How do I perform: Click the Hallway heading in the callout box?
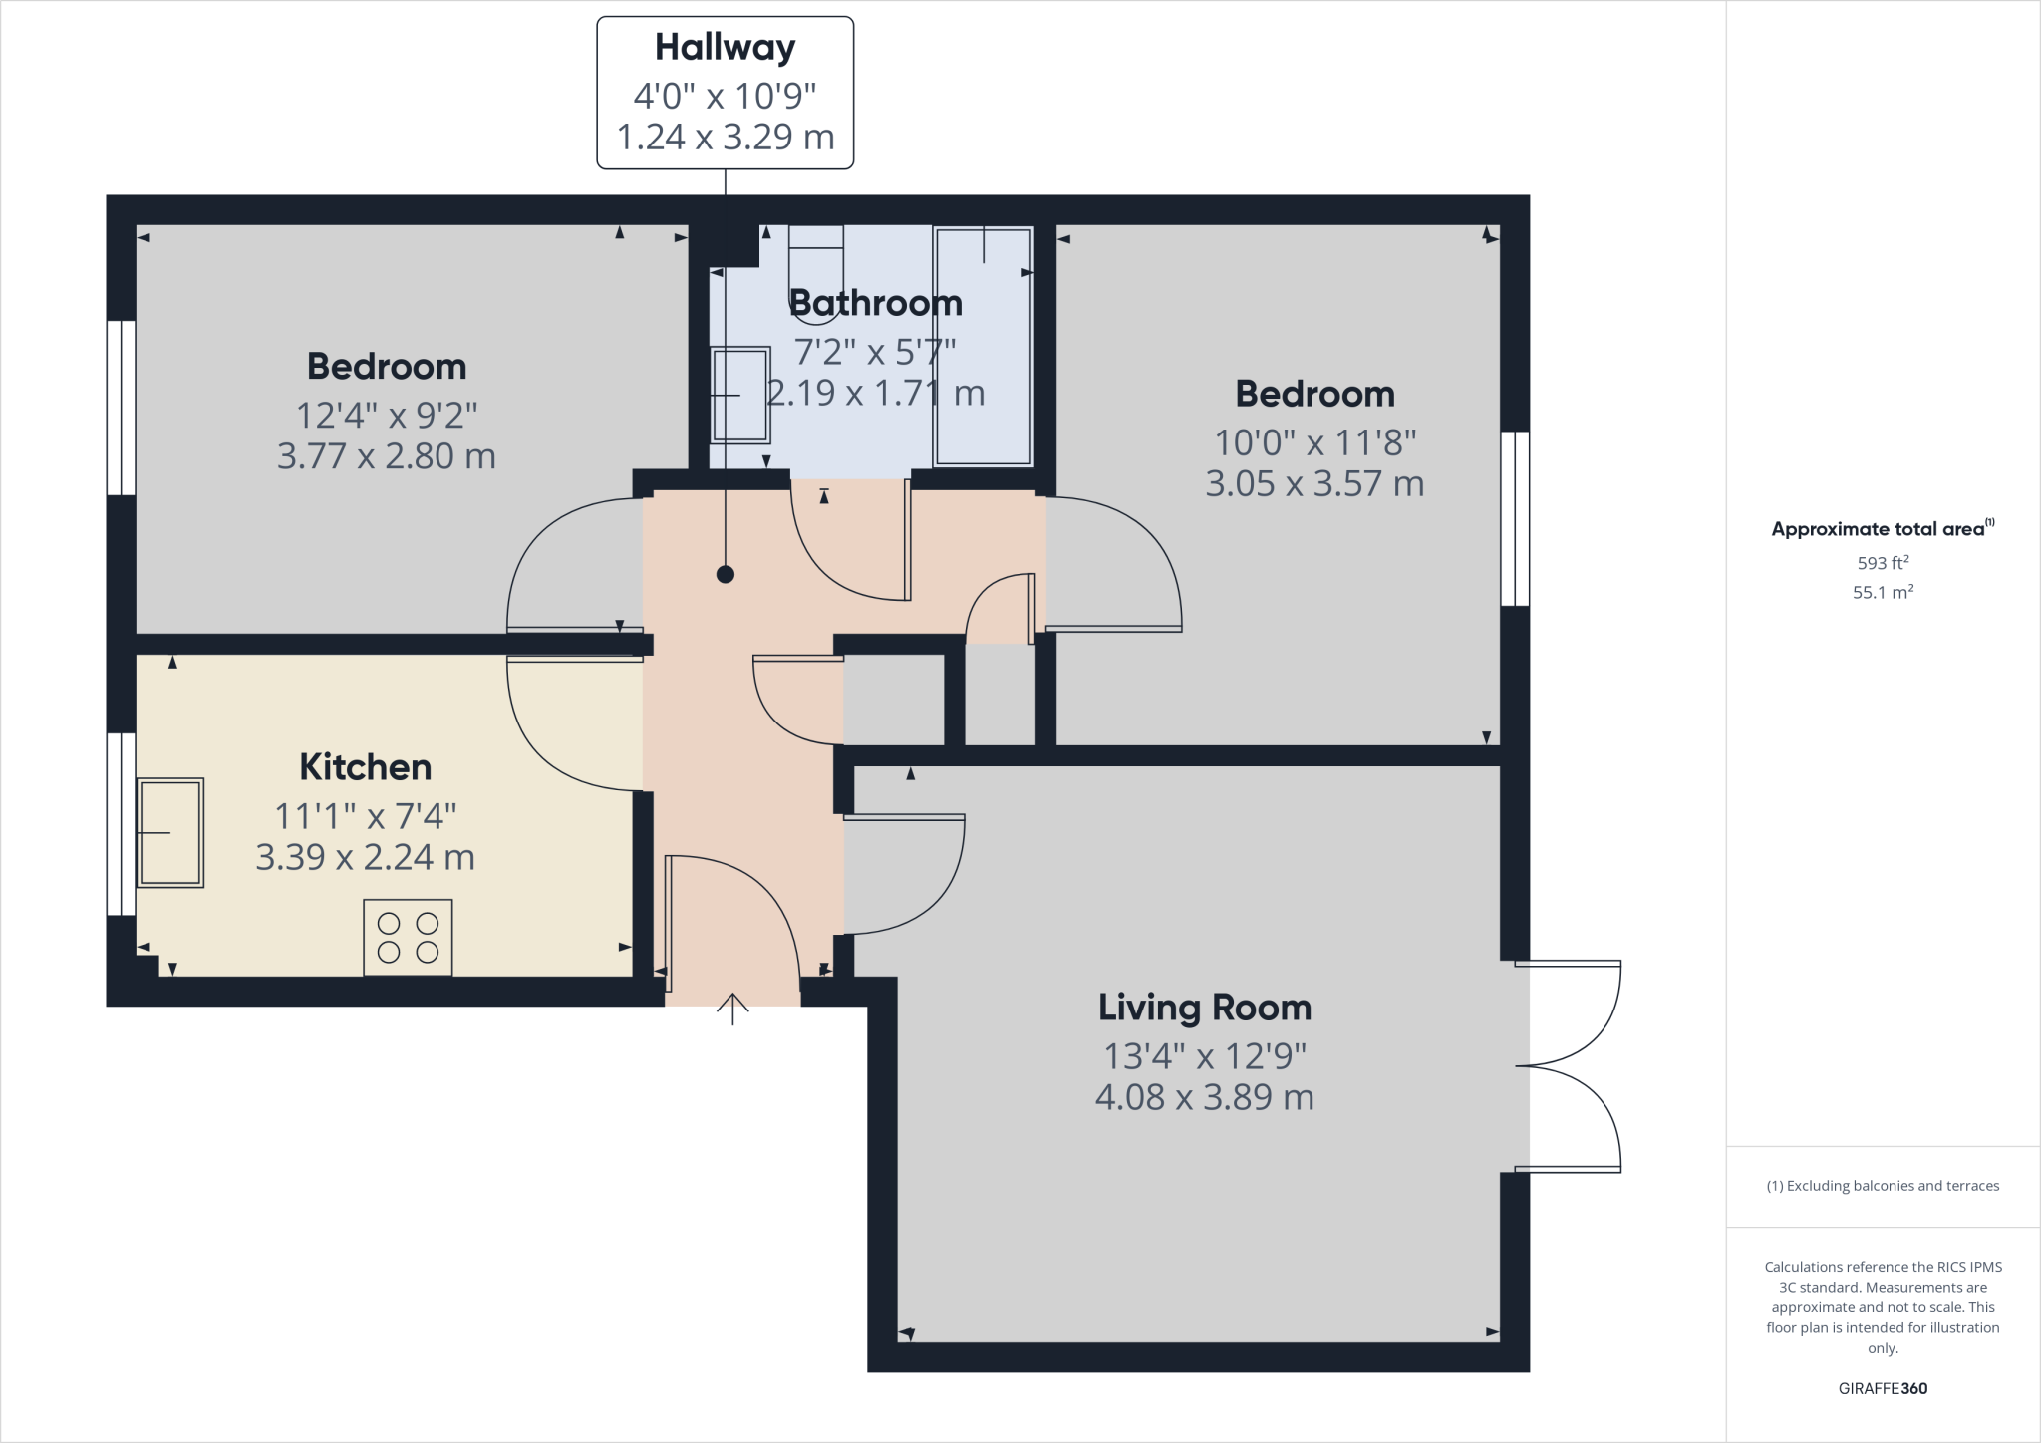(x=725, y=48)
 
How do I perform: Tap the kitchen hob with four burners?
(x=408, y=938)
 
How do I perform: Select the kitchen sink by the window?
(x=170, y=832)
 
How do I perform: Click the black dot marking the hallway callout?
(x=726, y=574)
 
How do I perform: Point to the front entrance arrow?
(x=732, y=1009)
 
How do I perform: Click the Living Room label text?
(x=1204, y=1008)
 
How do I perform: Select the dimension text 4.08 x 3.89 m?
(x=1204, y=1097)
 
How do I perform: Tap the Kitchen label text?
(x=365, y=767)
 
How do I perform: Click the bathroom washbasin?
(x=740, y=395)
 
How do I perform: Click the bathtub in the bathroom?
(x=983, y=347)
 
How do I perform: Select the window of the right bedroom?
(x=1515, y=518)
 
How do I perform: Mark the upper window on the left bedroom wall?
(x=121, y=407)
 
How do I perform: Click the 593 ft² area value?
(x=1882, y=563)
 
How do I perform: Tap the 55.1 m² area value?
(x=1882, y=592)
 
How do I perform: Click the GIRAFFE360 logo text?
(x=1882, y=1388)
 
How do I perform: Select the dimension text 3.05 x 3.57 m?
(x=1313, y=484)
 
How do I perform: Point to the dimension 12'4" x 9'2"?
(x=387, y=415)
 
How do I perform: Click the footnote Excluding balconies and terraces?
(x=1882, y=1186)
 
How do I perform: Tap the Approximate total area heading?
(x=1880, y=529)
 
